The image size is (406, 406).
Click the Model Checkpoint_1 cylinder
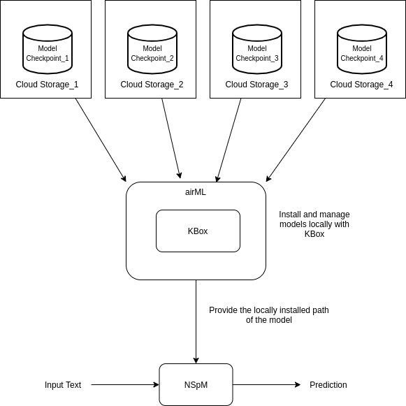point(48,49)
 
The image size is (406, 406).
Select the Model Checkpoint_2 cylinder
point(152,49)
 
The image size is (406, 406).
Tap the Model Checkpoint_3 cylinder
point(257,49)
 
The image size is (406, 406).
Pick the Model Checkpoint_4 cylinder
point(362,49)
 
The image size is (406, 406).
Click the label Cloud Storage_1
point(47,85)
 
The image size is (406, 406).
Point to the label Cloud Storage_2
point(152,85)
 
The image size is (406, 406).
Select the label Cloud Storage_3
point(256,85)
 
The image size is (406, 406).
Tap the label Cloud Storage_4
point(361,85)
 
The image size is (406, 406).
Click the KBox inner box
point(198,231)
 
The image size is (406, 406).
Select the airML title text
point(196,192)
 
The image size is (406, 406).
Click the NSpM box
point(196,384)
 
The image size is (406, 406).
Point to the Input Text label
point(63,385)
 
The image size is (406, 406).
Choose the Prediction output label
point(328,385)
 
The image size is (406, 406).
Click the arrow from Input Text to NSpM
point(124,384)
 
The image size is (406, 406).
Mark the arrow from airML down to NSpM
point(196,321)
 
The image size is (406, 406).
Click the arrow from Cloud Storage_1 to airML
point(101,140)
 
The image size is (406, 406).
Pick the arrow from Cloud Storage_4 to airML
point(296,140)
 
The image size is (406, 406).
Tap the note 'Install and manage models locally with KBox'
point(314,224)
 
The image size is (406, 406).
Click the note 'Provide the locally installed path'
point(268,314)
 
